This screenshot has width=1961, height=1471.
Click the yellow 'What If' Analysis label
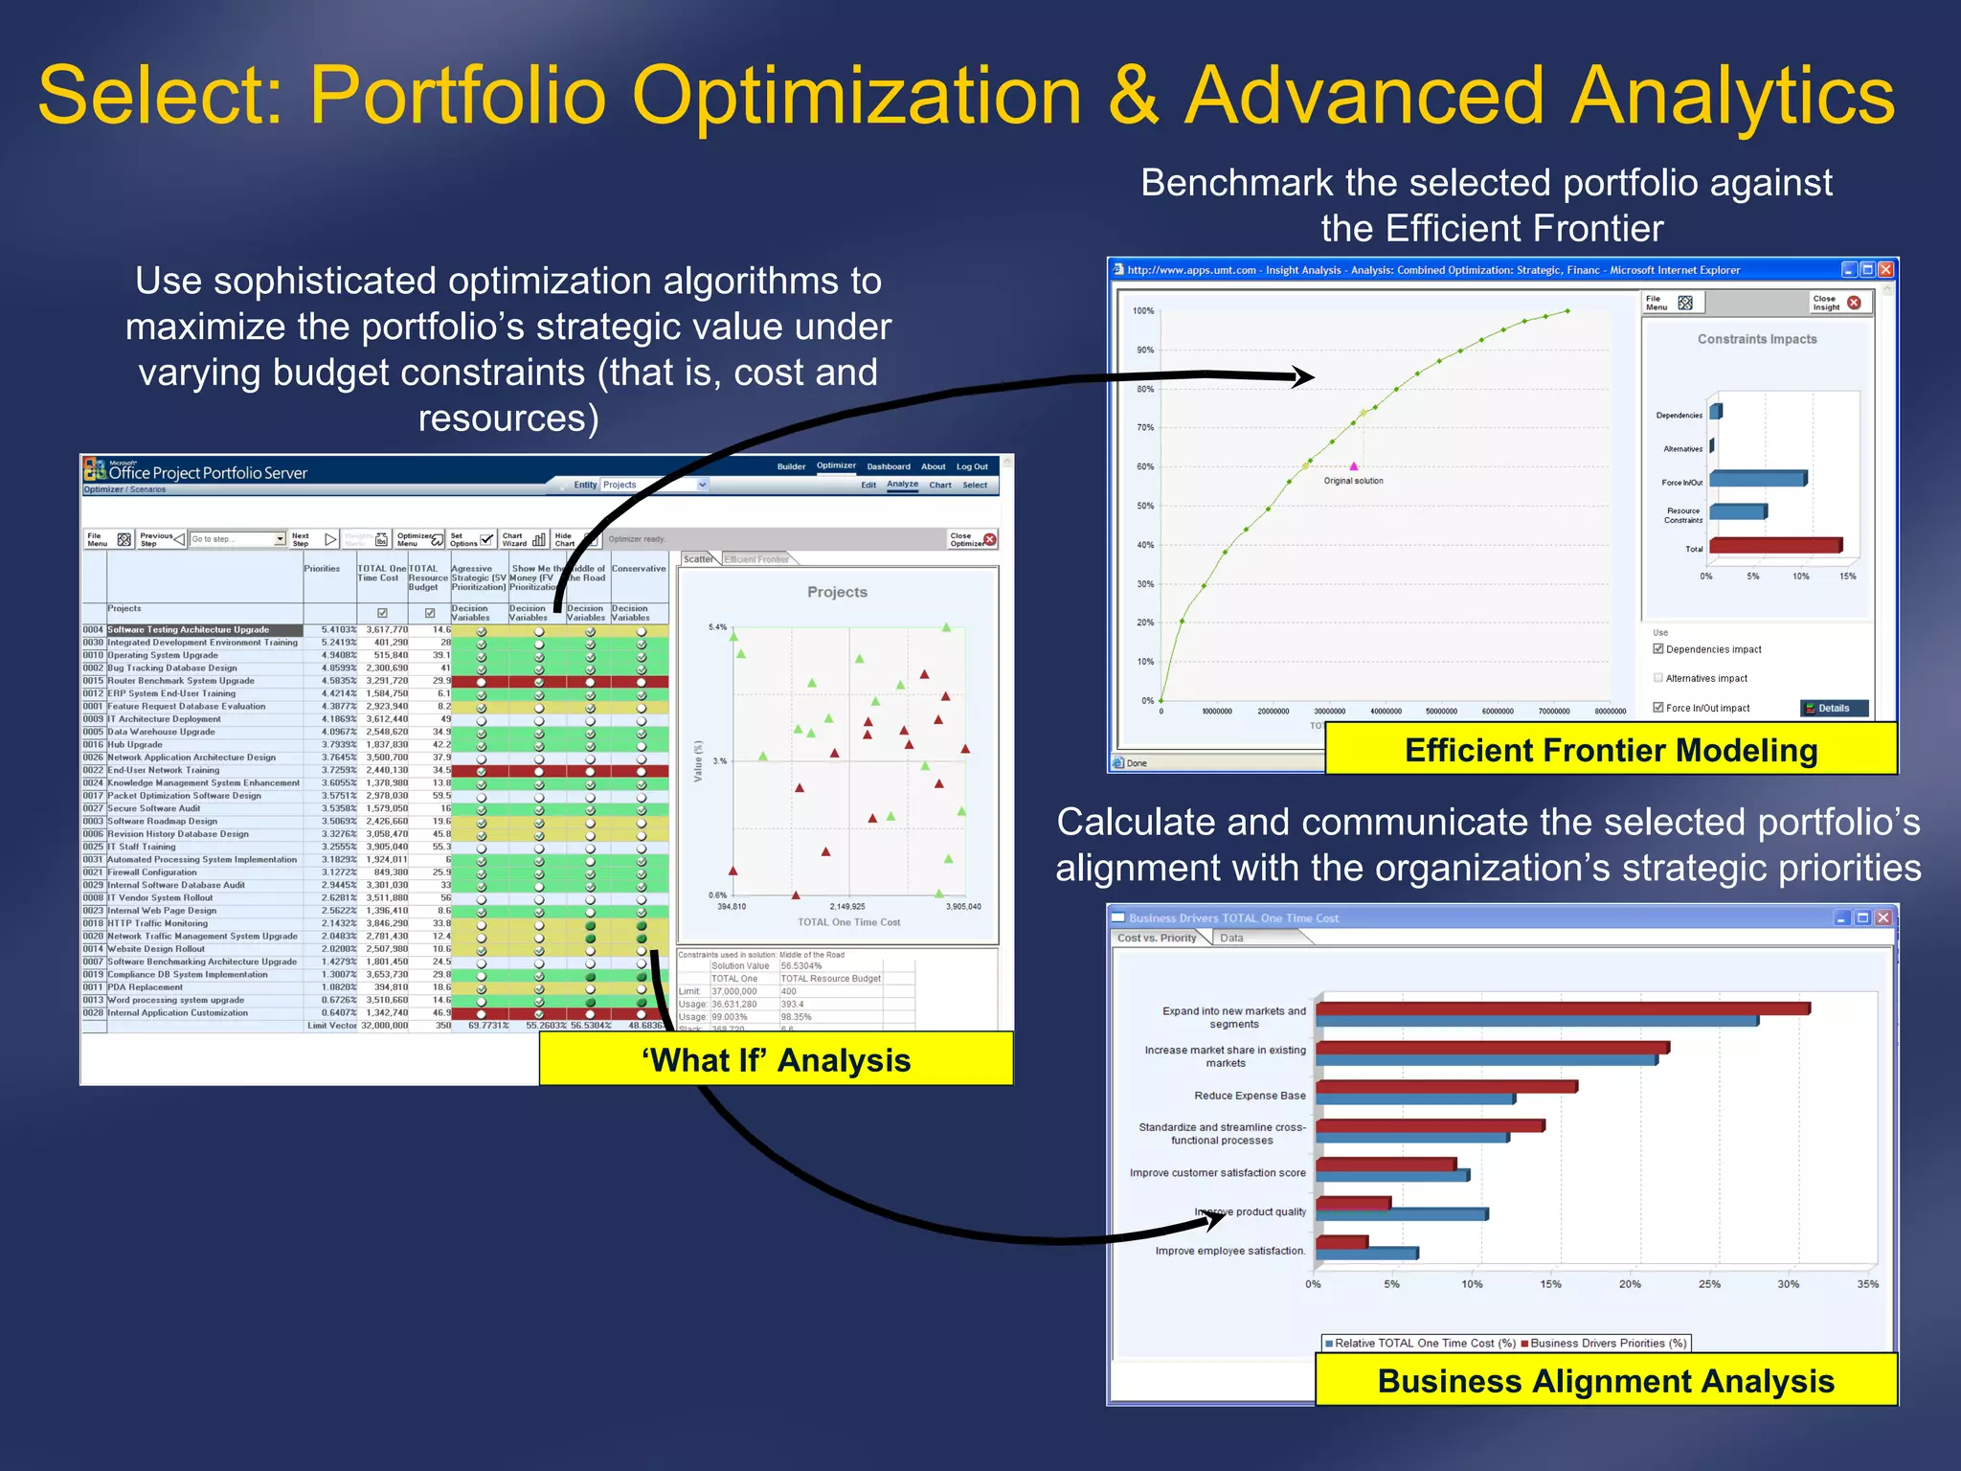pyautogui.click(x=776, y=1059)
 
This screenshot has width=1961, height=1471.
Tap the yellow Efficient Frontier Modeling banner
pyautogui.click(x=1611, y=750)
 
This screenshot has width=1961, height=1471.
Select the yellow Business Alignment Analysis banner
pyautogui.click(x=1606, y=1380)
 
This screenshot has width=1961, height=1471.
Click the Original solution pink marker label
pyautogui.click(x=1353, y=481)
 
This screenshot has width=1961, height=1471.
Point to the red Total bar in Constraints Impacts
pyautogui.click(x=1774, y=546)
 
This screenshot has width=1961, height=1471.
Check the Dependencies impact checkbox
pyautogui.click(x=1658, y=648)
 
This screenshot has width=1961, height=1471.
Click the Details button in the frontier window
pyautogui.click(x=1833, y=708)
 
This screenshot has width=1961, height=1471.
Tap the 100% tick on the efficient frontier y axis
pyautogui.click(x=1143, y=310)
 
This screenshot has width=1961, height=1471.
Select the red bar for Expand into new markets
pyautogui.click(x=1561, y=1008)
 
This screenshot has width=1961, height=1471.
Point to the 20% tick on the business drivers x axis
pyautogui.click(x=1630, y=1284)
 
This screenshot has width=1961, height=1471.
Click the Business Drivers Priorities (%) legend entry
pyautogui.click(x=1607, y=1343)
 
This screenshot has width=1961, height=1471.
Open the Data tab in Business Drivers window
pyautogui.click(x=1231, y=938)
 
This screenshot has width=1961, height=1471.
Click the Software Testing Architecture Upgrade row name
pyautogui.click(x=189, y=630)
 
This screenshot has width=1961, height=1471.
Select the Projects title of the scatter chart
pyautogui.click(x=837, y=592)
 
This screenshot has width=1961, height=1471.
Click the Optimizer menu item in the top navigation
pyautogui.click(x=836, y=465)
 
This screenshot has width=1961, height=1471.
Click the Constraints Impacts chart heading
pyautogui.click(x=1756, y=339)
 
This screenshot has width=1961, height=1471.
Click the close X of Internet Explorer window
pyautogui.click(x=1885, y=270)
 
